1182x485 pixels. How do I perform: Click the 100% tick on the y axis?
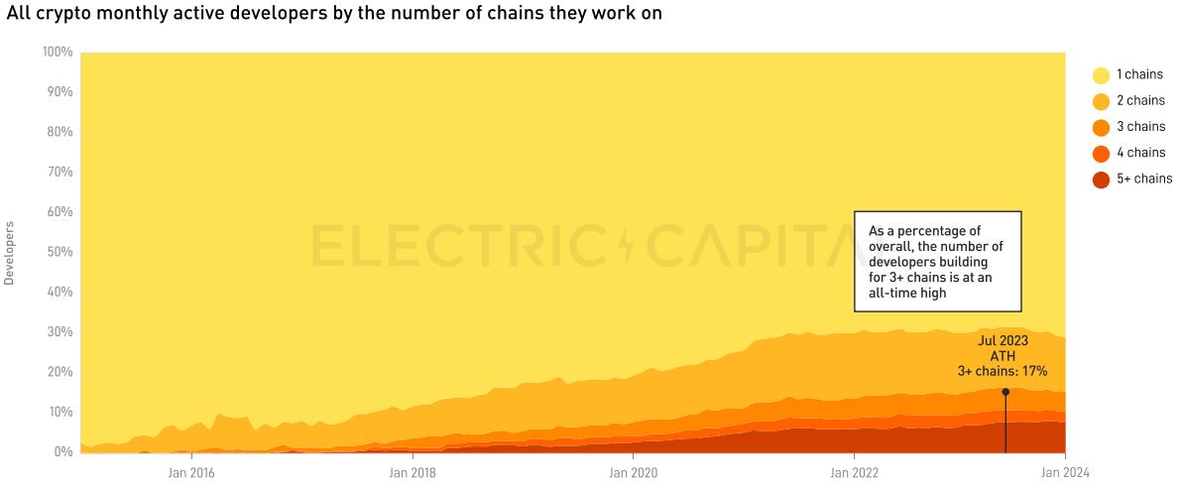click(x=58, y=52)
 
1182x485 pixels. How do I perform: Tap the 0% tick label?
click(x=63, y=452)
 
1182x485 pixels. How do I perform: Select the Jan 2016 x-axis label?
click(x=189, y=472)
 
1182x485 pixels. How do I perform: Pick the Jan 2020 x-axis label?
click(x=632, y=472)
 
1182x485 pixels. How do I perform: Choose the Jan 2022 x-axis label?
click(x=853, y=472)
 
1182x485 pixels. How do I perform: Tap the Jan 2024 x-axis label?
click(x=1065, y=472)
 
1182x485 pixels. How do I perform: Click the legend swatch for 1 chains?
click(x=1101, y=75)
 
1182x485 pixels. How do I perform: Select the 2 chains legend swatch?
click(x=1101, y=101)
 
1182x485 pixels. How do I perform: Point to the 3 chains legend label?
click(x=1140, y=127)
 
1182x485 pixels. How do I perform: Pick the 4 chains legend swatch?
click(x=1101, y=154)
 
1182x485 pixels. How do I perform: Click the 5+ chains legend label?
click(x=1144, y=180)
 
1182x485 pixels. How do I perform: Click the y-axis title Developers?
click(x=10, y=253)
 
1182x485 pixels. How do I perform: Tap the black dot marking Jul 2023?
click(x=1005, y=392)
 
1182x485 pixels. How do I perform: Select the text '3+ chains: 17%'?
click(x=1002, y=371)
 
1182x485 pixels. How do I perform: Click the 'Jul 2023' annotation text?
click(x=1003, y=340)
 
